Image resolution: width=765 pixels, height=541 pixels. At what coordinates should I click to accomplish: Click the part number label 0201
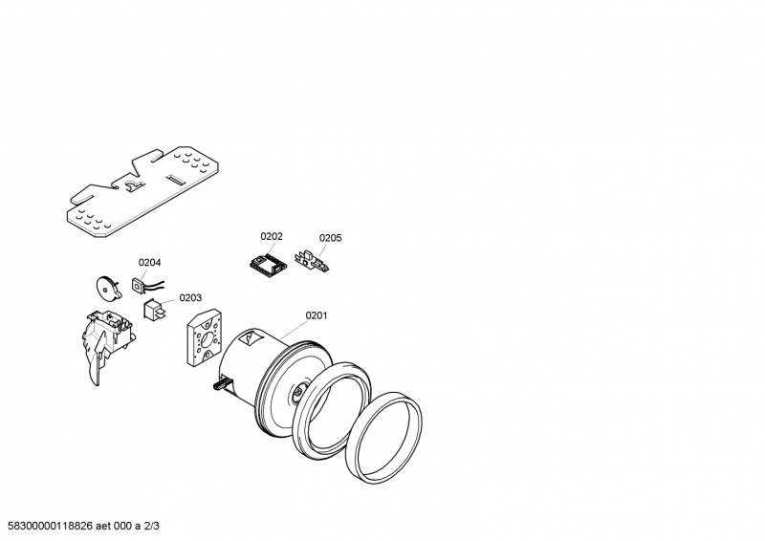(317, 315)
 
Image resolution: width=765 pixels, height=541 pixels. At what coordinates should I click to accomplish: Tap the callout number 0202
(272, 236)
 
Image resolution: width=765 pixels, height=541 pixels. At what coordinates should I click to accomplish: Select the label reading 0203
(190, 297)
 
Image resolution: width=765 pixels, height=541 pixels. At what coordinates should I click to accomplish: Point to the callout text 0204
(149, 262)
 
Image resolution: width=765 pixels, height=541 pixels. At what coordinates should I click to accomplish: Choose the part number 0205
(330, 238)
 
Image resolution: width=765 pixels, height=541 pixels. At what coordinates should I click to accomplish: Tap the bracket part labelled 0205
(313, 260)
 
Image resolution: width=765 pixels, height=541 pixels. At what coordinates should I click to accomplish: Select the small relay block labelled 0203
(153, 309)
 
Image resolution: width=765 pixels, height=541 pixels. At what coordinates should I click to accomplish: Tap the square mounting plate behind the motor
(204, 339)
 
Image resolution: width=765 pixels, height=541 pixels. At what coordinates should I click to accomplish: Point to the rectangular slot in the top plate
(178, 178)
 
